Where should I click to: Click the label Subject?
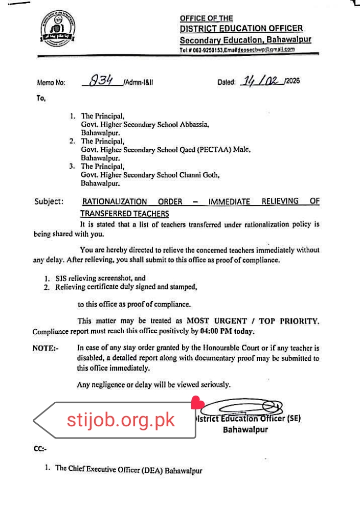pyautogui.click(x=49, y=201)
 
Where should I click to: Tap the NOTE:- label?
pyautogui.click(x=46, y=348)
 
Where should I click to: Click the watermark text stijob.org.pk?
pyautogui.click(x=121, y=420)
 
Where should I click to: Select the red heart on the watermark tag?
pyautogui.click(x=197, y=403)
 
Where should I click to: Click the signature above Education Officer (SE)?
pyautogui.click(x=242, y=407)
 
